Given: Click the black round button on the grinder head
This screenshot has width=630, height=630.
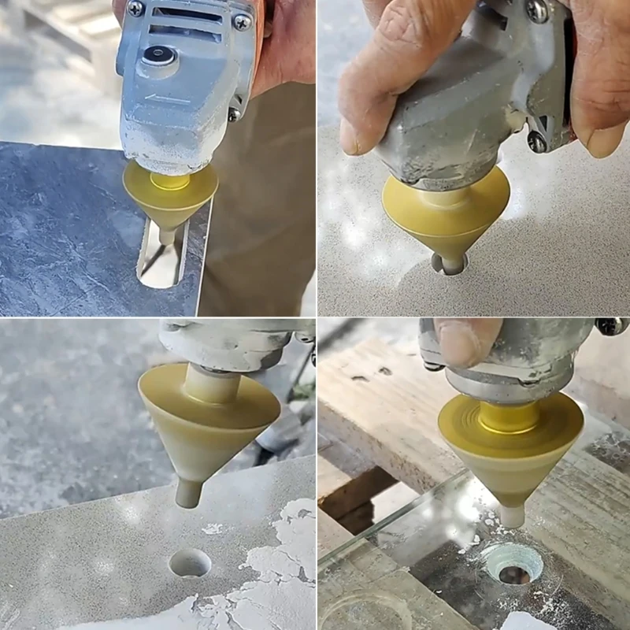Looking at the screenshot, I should click(160, 55).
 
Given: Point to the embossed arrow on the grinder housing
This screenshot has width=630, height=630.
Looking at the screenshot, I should click(168, 100).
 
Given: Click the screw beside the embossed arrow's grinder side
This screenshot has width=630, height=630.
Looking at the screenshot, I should click(234, 114).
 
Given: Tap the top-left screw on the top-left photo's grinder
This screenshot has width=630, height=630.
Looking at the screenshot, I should click(135, 9).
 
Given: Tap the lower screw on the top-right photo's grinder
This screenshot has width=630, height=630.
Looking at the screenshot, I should click(537, 142).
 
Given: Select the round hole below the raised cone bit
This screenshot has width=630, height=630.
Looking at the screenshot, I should click(191, 562).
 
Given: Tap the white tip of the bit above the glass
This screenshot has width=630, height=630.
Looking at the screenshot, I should click(512, 516).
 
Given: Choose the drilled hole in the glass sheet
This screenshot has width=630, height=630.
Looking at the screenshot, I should click(512, 564).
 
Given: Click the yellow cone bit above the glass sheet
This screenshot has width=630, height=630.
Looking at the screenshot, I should click(510, 445).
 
